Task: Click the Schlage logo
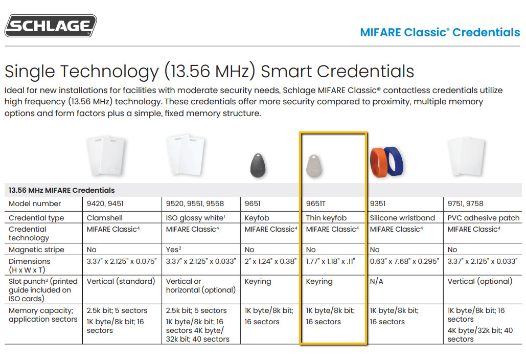point(51,26)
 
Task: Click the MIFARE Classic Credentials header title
point(440,32)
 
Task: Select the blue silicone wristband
point(394,161)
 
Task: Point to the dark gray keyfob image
point(258,165)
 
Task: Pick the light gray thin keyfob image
point(314,166)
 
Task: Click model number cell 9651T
point(316,204)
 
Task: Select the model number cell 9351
point(378,204)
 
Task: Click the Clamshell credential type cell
point(105,218)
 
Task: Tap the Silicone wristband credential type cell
point(402,218)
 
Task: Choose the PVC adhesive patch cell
point(484,218)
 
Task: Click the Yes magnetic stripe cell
point(173,249)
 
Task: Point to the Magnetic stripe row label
point(36,250)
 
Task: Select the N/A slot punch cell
point(376,281)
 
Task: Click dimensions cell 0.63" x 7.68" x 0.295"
point(404,261)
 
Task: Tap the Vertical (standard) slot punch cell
point(121,281)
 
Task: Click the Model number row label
point(35,204)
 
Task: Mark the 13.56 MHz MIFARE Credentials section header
point(62,190)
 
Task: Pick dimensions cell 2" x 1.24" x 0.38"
point(270,261)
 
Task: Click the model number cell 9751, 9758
point(465,204)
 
